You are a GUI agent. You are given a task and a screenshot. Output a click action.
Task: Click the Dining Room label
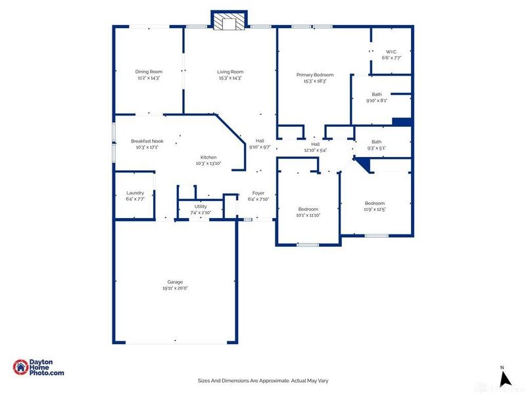click(149, 72)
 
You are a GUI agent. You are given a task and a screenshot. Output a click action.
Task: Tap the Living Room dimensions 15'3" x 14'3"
click(230, 78)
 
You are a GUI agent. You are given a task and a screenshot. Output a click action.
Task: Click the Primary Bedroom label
click(315, 75)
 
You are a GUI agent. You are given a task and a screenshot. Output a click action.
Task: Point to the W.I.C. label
click(391, 52)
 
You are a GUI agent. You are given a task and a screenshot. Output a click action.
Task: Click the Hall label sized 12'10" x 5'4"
click(316, 144)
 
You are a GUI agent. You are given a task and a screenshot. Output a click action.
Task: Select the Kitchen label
click(208, 157)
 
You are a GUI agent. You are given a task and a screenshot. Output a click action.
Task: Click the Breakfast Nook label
click(147, 141)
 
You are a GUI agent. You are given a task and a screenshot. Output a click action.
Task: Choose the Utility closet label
click(201, 206)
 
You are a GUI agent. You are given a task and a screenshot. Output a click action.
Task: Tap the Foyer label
click(258, 193)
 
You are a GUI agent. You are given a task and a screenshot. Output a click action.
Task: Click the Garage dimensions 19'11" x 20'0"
click(175, 288)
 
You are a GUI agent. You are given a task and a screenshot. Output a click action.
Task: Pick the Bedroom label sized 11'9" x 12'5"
click(375, 203)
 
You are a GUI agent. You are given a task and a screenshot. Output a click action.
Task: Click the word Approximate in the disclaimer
click(273, 380)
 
